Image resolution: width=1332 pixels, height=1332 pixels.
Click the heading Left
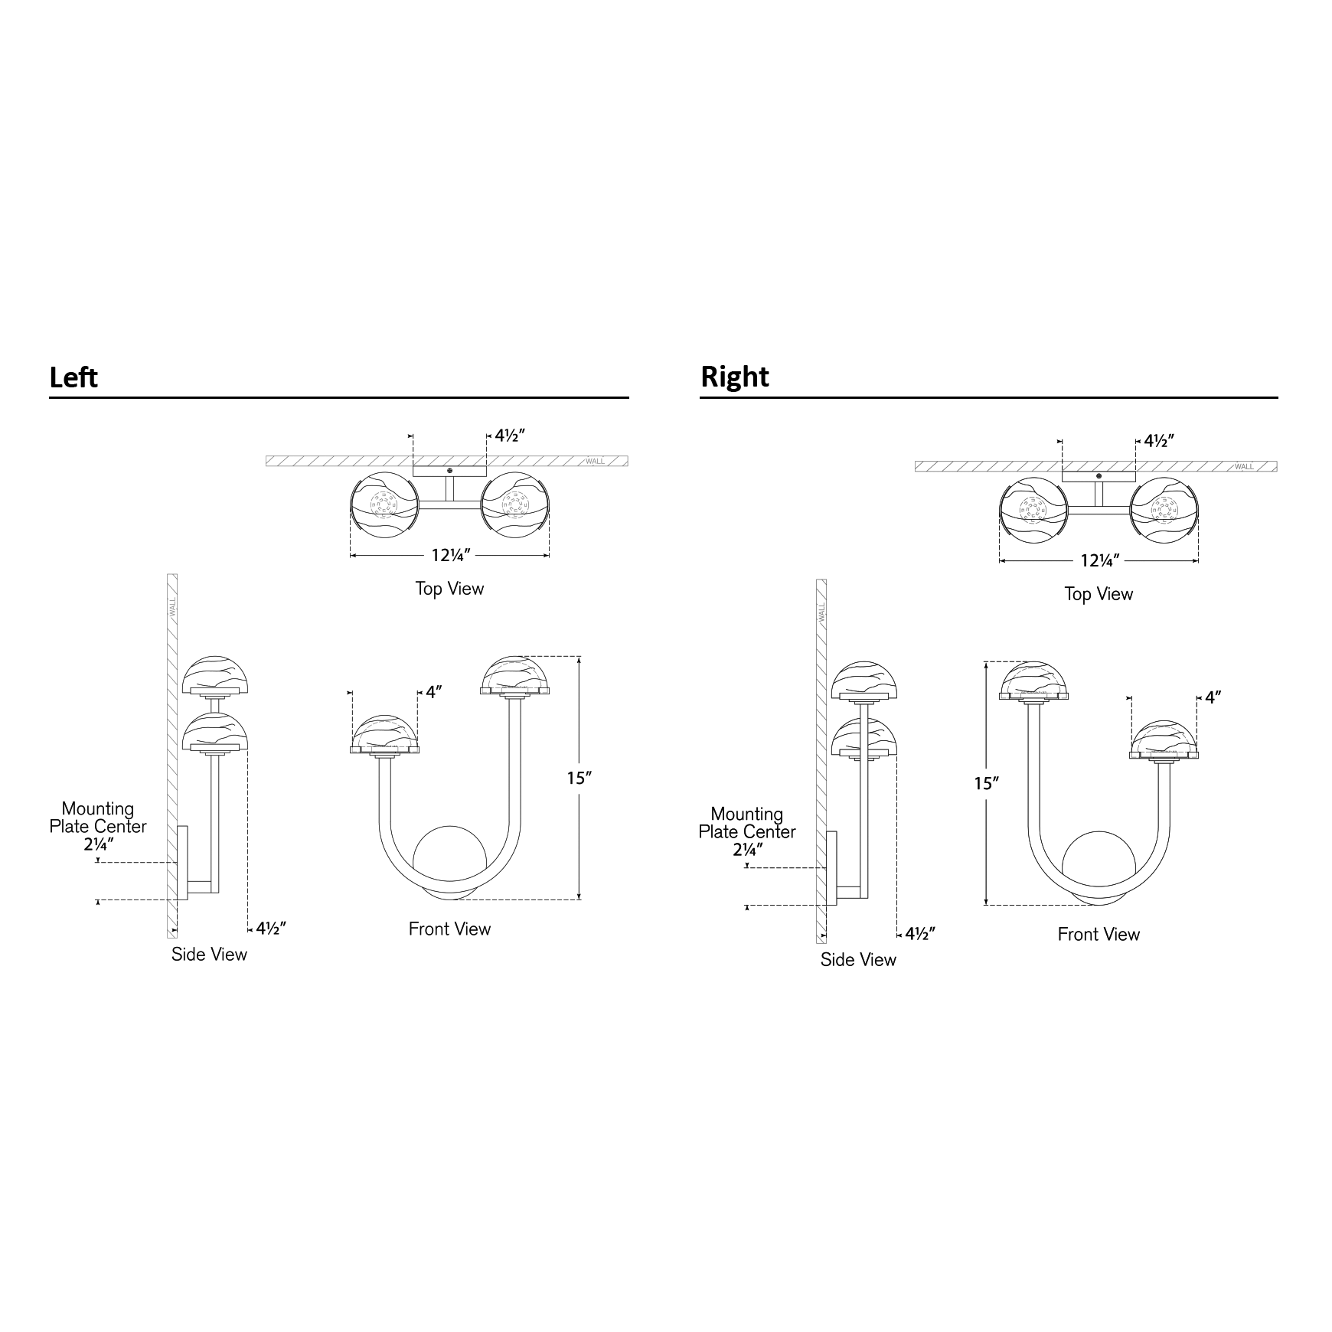click(73, 377)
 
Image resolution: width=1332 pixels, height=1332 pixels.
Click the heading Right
click(735, 377)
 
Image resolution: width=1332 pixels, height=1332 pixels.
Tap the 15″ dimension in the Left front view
click(579, 779)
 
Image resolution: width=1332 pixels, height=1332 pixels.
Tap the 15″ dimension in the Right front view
click(987, 784)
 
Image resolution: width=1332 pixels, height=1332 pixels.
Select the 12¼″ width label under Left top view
click(450, 555)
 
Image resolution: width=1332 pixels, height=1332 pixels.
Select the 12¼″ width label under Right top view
click(1099, 560)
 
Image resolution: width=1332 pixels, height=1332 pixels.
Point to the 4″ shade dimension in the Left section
click(434, 692)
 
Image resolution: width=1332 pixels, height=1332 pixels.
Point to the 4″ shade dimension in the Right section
click(1213, 697)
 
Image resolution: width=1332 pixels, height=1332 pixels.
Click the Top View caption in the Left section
click(449, 589)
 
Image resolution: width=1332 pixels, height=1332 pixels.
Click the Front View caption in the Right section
click(1099, 934)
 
